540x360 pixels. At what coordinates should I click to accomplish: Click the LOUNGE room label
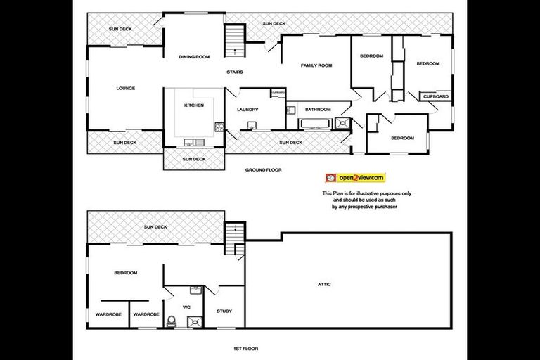click(126, 88)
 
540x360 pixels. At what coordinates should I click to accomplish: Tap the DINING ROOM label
click(194, 56)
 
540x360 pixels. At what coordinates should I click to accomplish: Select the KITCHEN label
click(194, 105)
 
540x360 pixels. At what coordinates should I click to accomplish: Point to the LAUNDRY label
click(247, 109)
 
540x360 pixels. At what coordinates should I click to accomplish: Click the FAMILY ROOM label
click(316, 65)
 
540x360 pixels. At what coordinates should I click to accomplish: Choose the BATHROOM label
click(318, 109)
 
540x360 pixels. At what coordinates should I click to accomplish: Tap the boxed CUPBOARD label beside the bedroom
click(436, 96)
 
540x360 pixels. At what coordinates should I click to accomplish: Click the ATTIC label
click(323, 284)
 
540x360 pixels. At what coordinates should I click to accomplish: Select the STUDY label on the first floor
click(224, 311)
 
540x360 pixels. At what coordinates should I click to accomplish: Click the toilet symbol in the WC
click(171, 322)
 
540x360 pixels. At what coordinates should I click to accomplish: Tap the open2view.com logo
click(355, 178)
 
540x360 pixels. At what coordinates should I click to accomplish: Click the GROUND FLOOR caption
click(264, 170)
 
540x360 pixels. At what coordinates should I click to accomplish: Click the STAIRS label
click(235, 72)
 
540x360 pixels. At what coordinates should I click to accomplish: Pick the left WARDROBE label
click(108, 314)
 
